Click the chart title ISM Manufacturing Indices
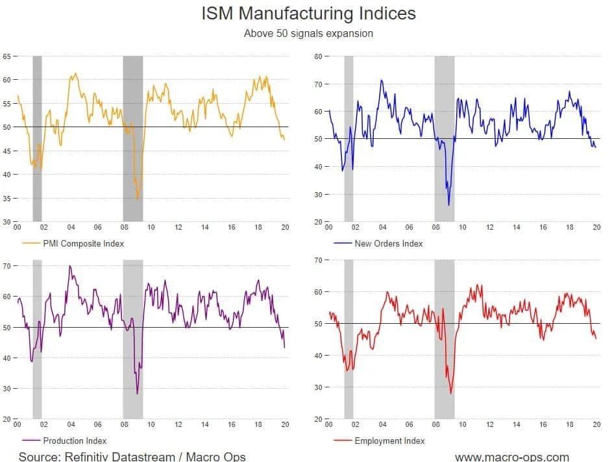tap(308, 13)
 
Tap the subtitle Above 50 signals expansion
tap(308, 33)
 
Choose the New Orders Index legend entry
tap(388, 243)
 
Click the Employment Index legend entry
tap(389, 441)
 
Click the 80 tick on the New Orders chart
tap(319, 56)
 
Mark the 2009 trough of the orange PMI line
tap(137, 199)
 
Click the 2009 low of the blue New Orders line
tap(449, 205)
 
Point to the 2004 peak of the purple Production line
tap(69, 266)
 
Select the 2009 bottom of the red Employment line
tap(450, 393)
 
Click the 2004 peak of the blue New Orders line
tap(381, 80)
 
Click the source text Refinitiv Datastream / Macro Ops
tap(132, 456)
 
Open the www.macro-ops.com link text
tap(512, 456)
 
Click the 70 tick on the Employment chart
tap(319, 260)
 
